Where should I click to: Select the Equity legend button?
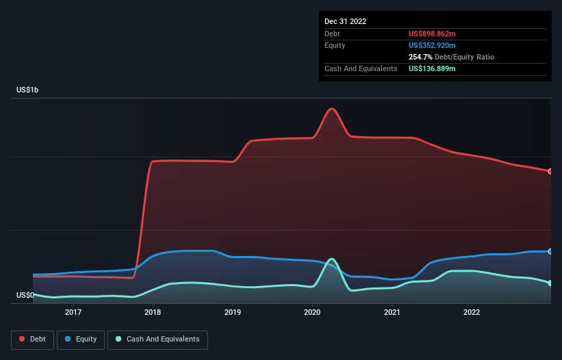click(80, 339)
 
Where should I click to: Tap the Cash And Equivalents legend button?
click(157, 339)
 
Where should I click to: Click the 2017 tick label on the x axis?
click(73, 313)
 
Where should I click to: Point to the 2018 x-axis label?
click(153, 313)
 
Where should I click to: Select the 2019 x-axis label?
click(233, 313)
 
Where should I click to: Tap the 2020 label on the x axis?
click(312, 313)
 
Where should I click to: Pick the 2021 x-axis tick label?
click(392, 313)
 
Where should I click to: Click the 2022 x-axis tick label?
click(472, 313)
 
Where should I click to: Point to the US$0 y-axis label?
click(25, 296)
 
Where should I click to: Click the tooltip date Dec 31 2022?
click(345, 21)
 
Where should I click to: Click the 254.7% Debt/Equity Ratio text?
click(451, 57)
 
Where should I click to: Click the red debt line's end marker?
click(550, 171)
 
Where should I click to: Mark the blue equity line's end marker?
click(550, 252)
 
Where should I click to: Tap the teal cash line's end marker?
click(550, 283)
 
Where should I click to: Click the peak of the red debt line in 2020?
click(332, 109)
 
